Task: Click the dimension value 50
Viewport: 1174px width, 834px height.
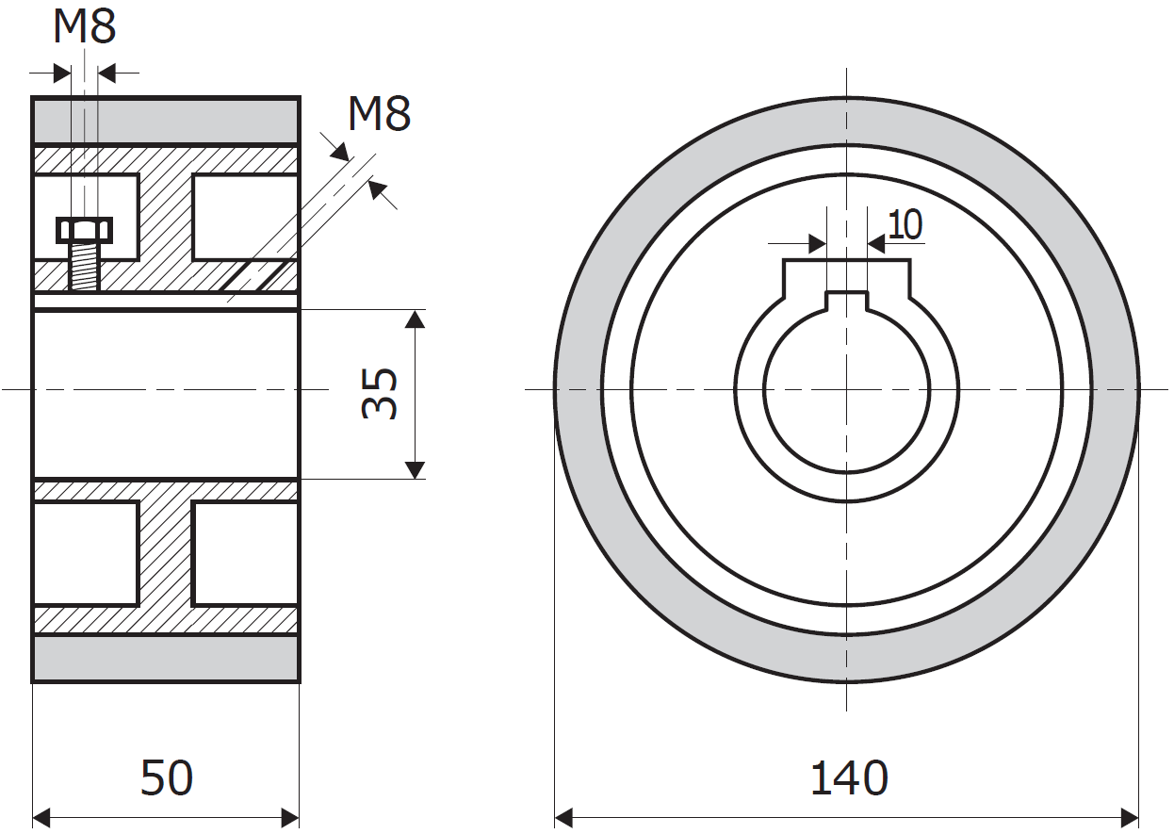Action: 167,777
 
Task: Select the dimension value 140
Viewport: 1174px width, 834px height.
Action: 849,777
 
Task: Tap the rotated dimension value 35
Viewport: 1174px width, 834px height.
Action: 380,393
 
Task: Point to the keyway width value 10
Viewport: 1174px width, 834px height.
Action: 905,225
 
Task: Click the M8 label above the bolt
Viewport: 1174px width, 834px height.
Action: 85,26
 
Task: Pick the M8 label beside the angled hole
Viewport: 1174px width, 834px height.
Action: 379,113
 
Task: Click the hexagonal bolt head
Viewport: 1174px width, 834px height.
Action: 85,230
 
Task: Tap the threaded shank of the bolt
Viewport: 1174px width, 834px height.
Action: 85,267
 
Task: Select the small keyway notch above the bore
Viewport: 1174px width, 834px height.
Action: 846,301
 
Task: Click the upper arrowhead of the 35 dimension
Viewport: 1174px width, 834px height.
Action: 416,319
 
